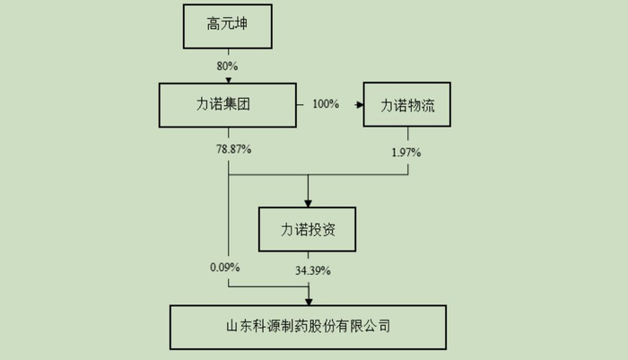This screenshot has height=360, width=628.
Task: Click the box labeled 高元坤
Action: click(228, 25)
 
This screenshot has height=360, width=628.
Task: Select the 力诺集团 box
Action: click(228, 105)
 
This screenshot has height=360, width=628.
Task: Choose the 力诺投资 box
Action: click(309, 229)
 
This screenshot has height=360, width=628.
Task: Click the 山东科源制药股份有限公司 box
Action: click(309, 327)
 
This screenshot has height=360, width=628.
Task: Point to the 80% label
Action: click(228, 66)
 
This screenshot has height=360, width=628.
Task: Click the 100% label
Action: click(325, 105)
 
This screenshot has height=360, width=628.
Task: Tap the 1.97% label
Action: click(406, 152)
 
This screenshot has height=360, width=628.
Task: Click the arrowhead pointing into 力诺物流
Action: click(359, 105)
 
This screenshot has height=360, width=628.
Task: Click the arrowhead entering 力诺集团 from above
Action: click(228, 79)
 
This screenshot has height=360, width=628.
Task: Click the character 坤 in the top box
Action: click(243, 25)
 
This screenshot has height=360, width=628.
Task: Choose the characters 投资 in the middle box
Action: click(322, 229)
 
